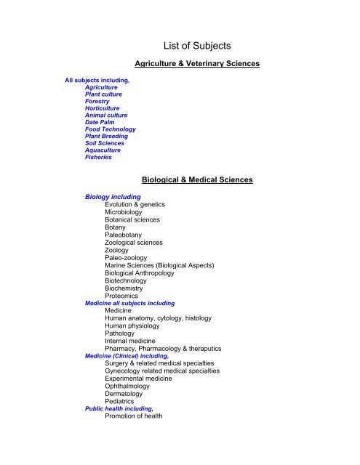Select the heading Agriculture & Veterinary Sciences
coord(197,64)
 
